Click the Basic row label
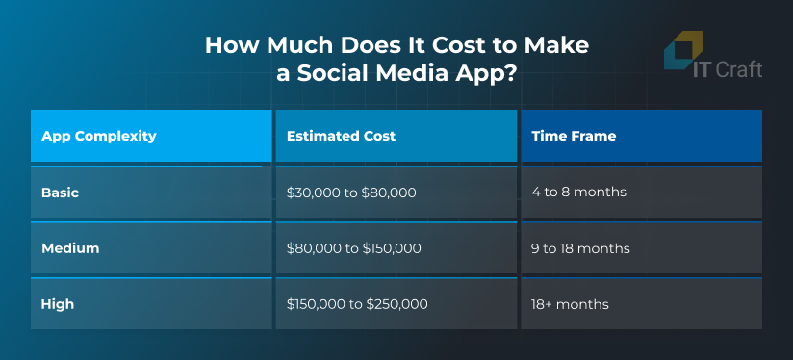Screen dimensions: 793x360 click(x=61, y=193)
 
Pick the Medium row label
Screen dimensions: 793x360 click(x=70, y=248)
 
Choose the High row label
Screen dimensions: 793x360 click(x=58, y=304)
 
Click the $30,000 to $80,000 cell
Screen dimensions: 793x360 click(x=351, y=193)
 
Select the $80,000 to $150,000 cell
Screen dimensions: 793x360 click(x=353, y=248)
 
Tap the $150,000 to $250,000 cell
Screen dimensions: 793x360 click(x=357, y=304)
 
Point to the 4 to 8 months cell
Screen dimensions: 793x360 click(x=578, y=193)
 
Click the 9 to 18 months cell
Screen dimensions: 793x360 click(x=580, y=248)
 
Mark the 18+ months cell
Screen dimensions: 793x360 click(x=570, y=304)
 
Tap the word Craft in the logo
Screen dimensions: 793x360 click(x=739, y=69)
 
